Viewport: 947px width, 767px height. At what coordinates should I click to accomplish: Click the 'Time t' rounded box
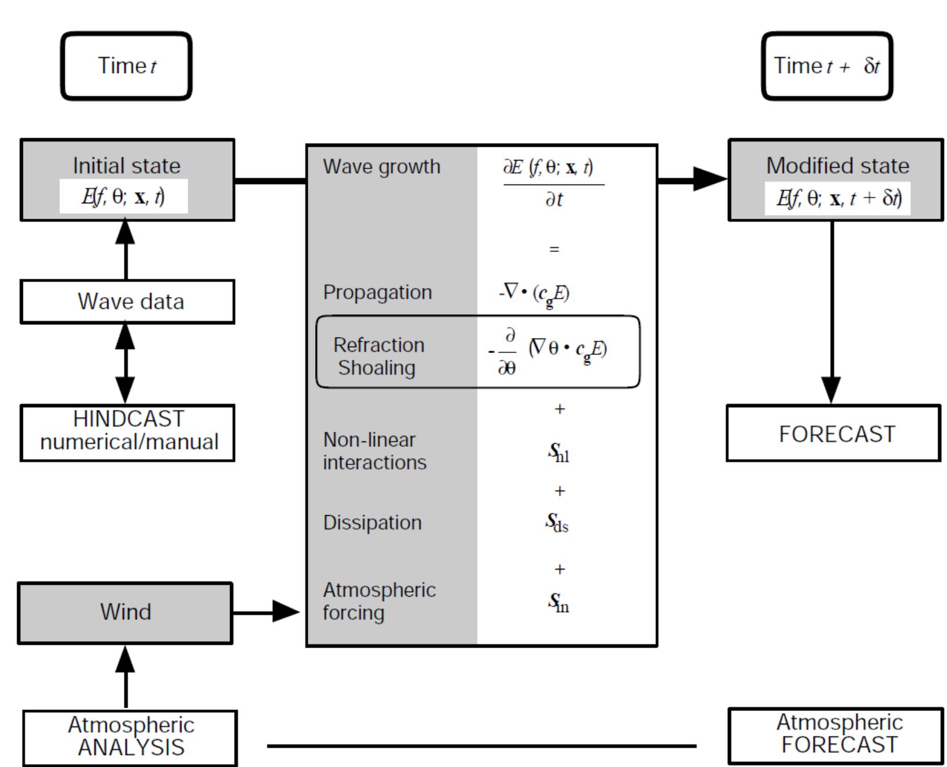[126, 66]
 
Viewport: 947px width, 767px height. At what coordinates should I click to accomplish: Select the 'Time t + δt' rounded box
[827, 66]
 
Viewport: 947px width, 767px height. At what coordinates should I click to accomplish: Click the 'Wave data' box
[127, 302]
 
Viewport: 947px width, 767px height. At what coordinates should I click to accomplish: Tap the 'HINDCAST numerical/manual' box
[127, 432]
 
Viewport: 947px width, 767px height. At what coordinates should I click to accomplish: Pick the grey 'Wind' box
[125, 612]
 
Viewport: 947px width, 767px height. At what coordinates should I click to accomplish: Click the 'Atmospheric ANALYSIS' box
[130, 737]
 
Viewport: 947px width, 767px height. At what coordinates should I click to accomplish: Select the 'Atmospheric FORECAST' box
[836, 735]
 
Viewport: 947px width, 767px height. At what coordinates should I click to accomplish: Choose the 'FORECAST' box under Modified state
[833, 433]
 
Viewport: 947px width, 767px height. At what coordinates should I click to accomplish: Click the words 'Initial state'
[127, 166]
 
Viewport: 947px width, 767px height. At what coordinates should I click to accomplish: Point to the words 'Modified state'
[837, 166]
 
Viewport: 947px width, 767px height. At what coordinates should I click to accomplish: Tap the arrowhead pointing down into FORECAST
[832, 390]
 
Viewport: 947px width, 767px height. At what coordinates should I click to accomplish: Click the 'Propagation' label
[377, 292]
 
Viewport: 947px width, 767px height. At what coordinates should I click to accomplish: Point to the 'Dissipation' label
[372, 523]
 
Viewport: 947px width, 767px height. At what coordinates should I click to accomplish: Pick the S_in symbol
[558, 602]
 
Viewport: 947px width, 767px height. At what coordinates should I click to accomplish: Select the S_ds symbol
[557, 522]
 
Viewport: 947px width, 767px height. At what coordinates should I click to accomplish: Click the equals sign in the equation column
[554, 250]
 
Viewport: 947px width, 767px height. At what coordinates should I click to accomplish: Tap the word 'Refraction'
[378, 345]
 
